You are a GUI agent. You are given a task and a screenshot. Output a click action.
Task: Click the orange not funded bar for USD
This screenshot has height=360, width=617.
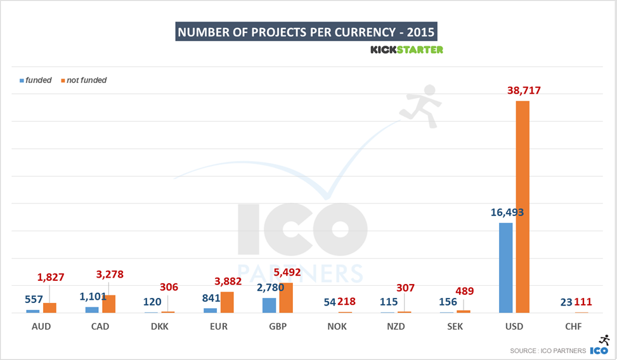[523, 207]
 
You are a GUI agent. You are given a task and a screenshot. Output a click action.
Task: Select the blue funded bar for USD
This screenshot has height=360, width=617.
[505, 267]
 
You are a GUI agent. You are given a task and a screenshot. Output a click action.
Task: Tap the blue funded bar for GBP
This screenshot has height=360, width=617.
[270, 305]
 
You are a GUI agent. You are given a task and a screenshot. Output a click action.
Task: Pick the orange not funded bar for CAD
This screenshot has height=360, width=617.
[108, 304]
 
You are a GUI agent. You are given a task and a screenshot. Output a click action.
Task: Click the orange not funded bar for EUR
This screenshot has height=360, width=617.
[227, 302]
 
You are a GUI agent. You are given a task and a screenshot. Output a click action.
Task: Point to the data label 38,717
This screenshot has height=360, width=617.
[524, 91]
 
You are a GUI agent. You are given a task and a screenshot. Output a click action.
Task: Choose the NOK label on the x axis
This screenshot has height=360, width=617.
[337, 327]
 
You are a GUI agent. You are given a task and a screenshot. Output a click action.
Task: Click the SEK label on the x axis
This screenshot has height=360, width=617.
[455, 327]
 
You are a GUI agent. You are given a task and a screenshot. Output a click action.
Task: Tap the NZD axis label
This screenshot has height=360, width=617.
[396, 327]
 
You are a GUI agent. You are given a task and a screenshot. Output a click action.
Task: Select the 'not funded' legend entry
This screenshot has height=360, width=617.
[86, 80]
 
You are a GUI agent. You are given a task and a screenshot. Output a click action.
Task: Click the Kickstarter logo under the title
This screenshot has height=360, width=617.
[406, 49]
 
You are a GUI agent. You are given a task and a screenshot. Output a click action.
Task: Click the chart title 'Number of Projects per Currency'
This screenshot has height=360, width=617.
[306, 32]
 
